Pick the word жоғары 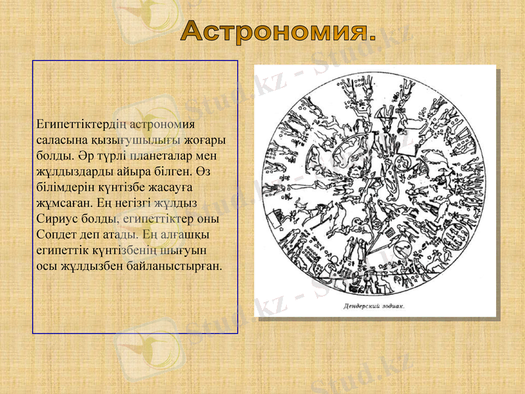pos(205,139)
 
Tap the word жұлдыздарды pos(71,170)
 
